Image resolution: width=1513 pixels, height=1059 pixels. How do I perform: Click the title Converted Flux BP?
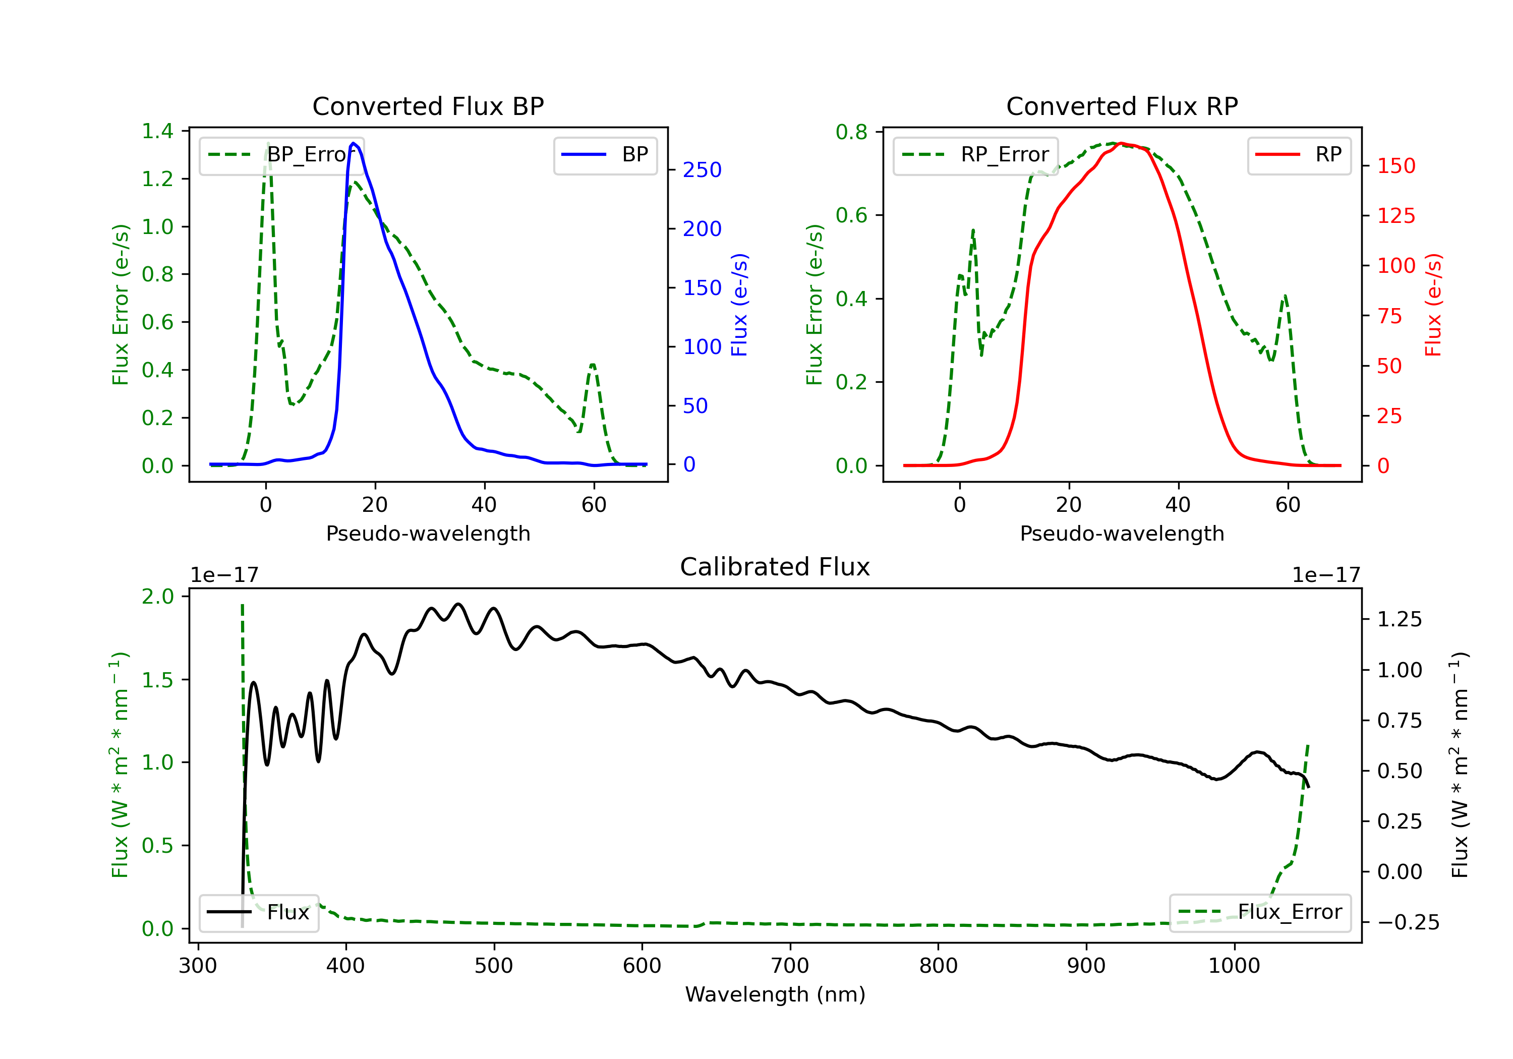tap(428, 106)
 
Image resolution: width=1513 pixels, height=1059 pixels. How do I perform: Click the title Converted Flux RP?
tap(1122, 106)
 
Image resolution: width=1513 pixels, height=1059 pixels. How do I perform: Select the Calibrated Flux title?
tap(775, 567)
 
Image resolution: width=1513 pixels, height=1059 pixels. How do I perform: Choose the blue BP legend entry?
tap(605, 155)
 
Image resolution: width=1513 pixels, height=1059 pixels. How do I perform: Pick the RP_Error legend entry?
tap(975, 155)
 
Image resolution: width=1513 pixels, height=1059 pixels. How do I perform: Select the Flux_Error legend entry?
tap(1260, 912)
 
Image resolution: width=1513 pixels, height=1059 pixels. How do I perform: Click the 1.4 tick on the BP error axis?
tap(157, 131)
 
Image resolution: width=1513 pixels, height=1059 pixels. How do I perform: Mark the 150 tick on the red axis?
tap(1395, 165)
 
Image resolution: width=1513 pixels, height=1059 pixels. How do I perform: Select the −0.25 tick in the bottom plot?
tap(1408, 922)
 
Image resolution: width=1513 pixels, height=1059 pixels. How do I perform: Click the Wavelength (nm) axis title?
tap(775, 994)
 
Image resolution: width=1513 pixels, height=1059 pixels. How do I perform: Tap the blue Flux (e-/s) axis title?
tap(739, 305)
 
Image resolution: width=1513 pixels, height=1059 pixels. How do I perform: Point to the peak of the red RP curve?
tap(1121, 143)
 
